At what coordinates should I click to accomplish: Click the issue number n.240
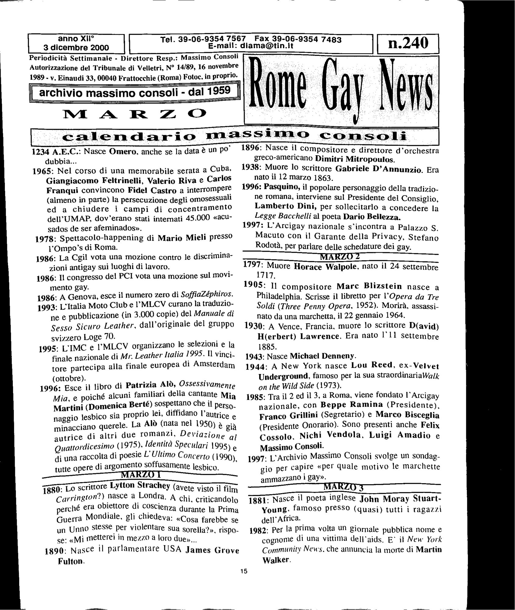(x=408, y=45)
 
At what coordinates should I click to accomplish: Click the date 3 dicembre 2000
(x=76, y=48)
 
